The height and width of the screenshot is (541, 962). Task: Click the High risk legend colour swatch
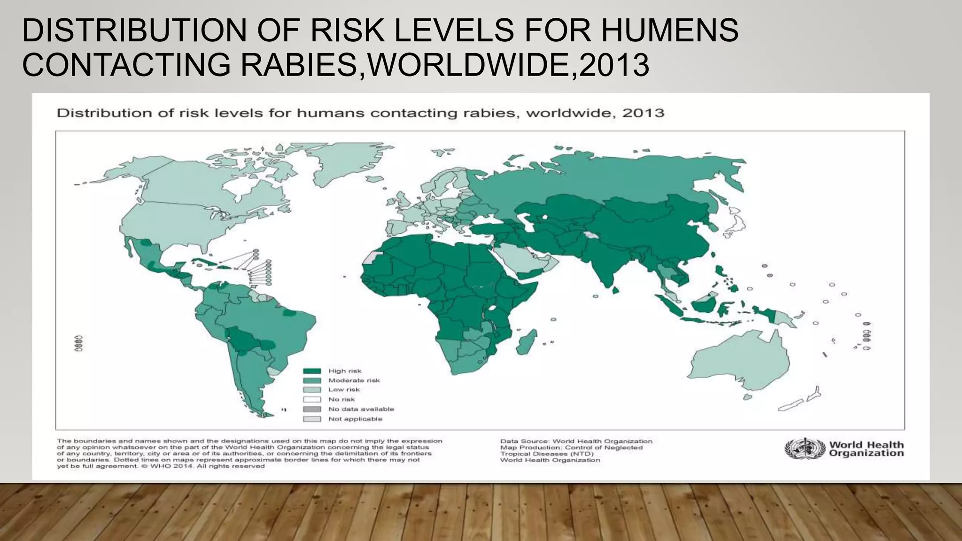pyautogui.click(x=312, y=371)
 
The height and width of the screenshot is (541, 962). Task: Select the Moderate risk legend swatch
pyautogui.click(x=312, y=380)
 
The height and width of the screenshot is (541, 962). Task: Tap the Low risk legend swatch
pyautogui.click(x=312, y=390)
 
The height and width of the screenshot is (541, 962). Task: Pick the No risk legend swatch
pyautogui.click(x=312, y=400)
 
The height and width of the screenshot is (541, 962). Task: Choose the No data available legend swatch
pyautogui.click(x=312, y=409)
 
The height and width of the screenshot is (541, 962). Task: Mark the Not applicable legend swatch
pyautogui.click(x=312, y=419)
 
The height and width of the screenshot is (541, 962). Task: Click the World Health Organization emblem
pyautogui.click(x=805, y=449)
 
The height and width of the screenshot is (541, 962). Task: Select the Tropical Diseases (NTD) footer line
pyautogui.click(x=547, y=454)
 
